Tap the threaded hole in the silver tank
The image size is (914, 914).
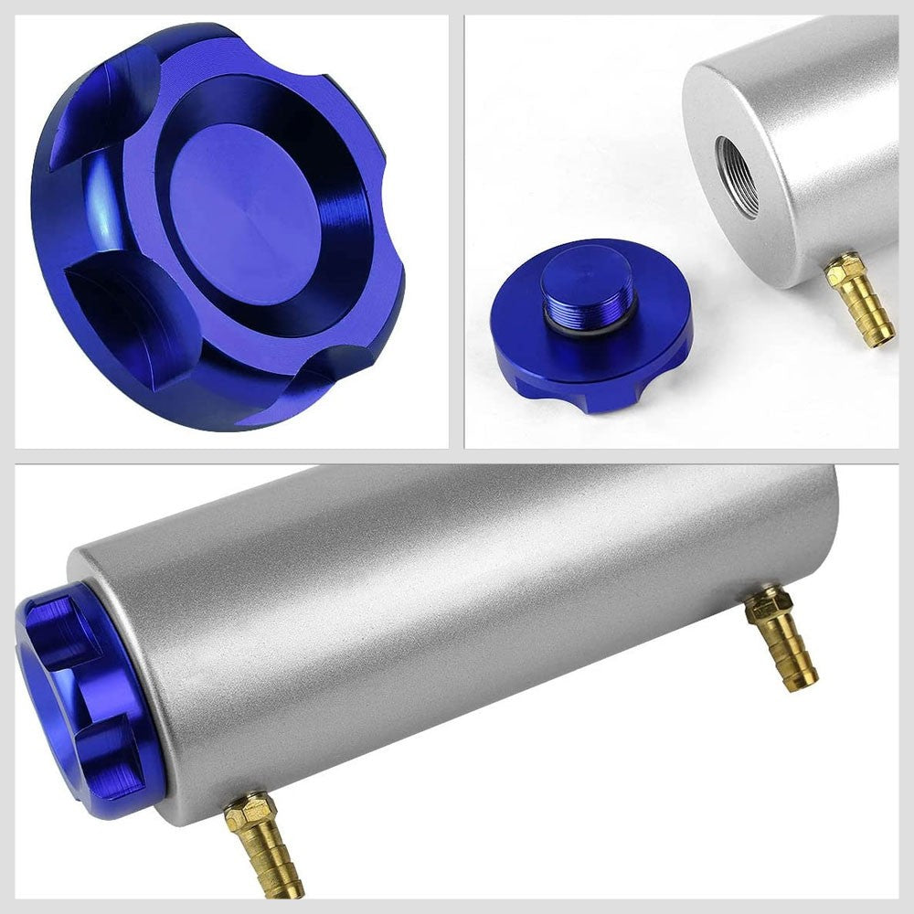pos(738,176)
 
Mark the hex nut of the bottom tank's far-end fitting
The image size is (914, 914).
pos(767,606)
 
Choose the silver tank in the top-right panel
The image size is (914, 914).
pos(804,137)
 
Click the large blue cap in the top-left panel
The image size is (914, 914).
pos(219,224)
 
